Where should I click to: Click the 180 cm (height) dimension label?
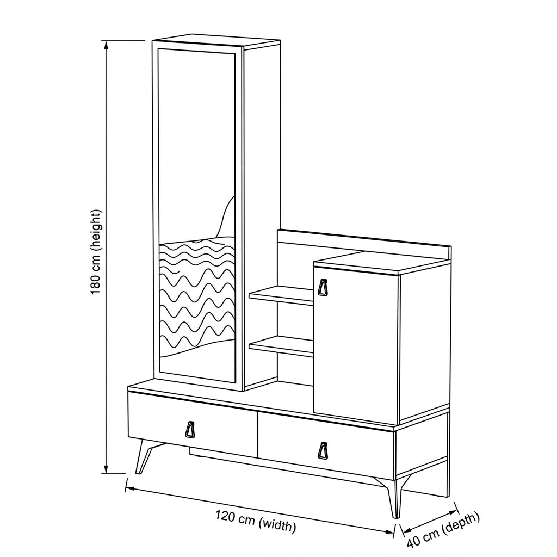(96, 252)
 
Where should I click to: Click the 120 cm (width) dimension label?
(256, 521)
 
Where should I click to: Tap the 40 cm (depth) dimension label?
(443, 530)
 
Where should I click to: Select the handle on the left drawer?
(190, 429)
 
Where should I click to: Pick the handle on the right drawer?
(323, 451)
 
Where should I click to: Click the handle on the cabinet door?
(323, 287)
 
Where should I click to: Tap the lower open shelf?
(281, 346)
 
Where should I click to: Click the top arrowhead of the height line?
(106, 46)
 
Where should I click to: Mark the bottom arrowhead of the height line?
(106, 468)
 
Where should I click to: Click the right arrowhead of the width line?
(388, 531)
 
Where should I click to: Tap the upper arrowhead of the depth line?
(453, 512)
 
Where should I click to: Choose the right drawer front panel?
(326, 446)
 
